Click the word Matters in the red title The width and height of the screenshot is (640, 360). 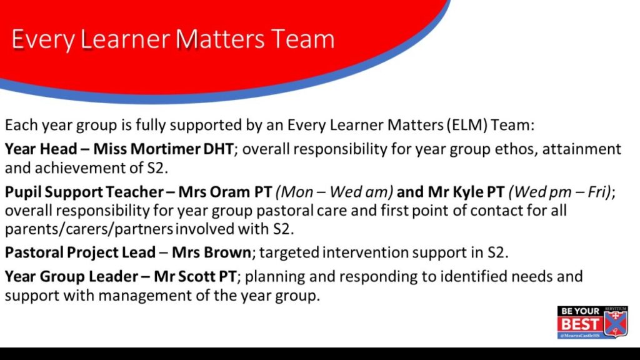pos(221,39)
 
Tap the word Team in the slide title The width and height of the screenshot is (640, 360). pos(302,39)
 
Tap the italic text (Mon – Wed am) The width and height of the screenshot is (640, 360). pos(334,192)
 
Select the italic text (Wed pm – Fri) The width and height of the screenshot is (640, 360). pos(561,192)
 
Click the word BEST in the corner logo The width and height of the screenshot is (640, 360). pos(579,324)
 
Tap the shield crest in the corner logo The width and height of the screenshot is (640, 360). pos(615,322)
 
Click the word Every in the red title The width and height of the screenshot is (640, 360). pos(43,40)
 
